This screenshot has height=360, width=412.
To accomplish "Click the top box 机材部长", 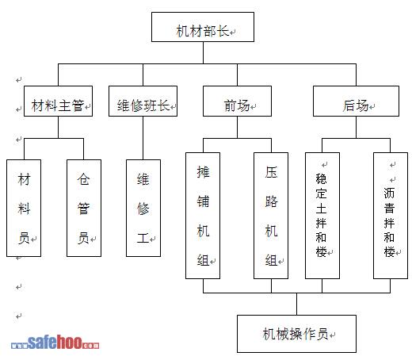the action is [x=203, y=27].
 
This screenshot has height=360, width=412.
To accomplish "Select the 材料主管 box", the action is [x=58, y=101].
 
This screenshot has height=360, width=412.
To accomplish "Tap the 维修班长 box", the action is [x=143, y=101].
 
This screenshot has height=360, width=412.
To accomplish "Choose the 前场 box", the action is [x=237, y=101].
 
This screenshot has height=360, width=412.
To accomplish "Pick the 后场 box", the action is [x=356, y=101].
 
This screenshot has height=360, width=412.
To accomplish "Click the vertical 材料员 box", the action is [x=24, y=208].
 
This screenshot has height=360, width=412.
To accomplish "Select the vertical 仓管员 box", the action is [x=84, y=208].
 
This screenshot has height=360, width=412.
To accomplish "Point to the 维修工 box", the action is [x=143, y=208].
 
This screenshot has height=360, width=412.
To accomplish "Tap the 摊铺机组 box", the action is [x=203, y=216].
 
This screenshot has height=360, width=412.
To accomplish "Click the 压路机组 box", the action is [x=271, y=216].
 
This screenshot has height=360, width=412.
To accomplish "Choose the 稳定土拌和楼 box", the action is [x=322, y=216].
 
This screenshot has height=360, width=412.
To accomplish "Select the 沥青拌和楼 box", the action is [x=391, y=216].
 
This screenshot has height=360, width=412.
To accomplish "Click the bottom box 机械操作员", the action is [x=296, y=334].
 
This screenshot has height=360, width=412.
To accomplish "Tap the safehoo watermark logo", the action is [x=55, y=342].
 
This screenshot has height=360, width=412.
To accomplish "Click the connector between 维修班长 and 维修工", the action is [x=143, y=138].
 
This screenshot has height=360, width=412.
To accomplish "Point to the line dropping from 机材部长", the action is [x=203, y=52].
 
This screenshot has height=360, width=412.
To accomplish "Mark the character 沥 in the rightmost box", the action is [x=389, y=193].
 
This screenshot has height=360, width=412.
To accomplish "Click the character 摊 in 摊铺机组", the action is [x=203, y=172].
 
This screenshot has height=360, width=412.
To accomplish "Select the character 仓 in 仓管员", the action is [x=83, y=178].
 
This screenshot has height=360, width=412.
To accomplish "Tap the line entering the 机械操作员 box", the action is [x=296, y=304].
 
